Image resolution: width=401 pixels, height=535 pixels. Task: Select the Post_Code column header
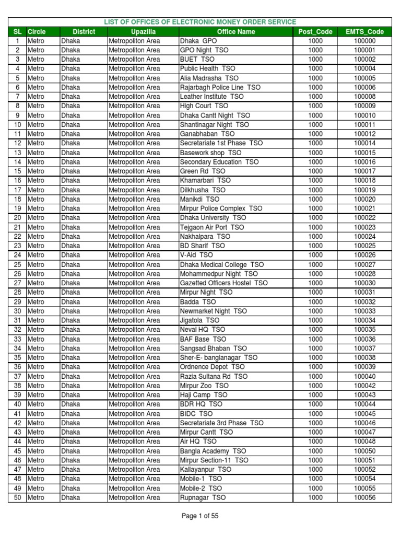pos(315,32)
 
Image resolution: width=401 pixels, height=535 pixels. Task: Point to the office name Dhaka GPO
pos(198,41)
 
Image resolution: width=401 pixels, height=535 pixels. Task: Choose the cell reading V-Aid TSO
pos(196,255)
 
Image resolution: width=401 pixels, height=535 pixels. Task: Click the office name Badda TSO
pos(197,302)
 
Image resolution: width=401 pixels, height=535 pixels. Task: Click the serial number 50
pos(17,498)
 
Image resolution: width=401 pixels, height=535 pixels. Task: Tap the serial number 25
pos(17,265)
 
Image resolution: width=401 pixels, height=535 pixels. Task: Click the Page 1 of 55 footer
pos(200,516)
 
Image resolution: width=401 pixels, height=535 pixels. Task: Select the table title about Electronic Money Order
pos(200,22)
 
